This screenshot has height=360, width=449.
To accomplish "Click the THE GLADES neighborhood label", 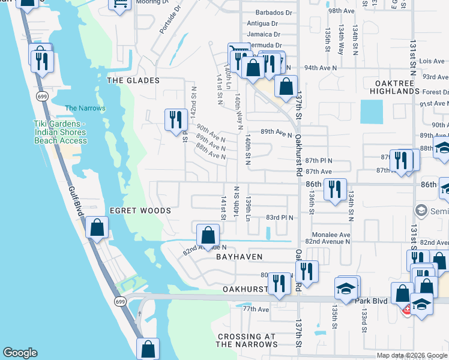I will click(x=133, y=80).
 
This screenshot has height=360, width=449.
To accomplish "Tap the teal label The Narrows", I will click(x=85, y=109).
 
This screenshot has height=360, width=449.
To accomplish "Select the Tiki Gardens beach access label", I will click(x=60, y=132).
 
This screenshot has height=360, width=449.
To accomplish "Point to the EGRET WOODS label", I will click(x=140, y=211).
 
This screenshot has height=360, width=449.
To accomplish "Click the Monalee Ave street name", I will click(x=330, y=235).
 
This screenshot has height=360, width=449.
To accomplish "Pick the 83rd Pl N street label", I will click(x=279, y=217).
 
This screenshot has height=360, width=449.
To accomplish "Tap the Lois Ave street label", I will click(x=431, y=61).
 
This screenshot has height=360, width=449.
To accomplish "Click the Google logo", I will click(x=20, y=353).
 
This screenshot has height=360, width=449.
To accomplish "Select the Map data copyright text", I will click(x=412, y=355).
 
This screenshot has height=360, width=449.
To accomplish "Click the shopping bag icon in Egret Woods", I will click(x=96, y=229).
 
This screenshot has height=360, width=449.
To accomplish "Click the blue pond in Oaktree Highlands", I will click(x=371, y=112).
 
